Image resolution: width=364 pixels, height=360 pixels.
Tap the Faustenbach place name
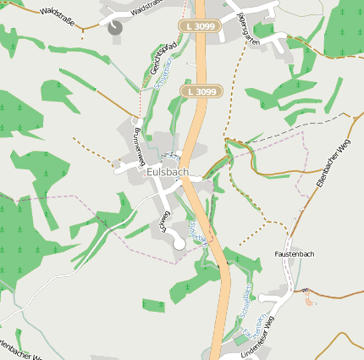[295, 254]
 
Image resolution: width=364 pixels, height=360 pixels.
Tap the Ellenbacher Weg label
[332, 165]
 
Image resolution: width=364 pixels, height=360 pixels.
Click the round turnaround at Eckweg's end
[179, 245]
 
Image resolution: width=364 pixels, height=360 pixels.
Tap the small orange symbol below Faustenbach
[309, 300]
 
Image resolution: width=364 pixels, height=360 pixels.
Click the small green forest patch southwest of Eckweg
[153, 305]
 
